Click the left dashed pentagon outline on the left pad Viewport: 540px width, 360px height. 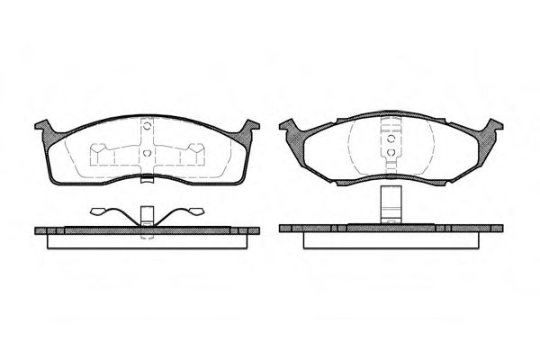click(x=104, y=157)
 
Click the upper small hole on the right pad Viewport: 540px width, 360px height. click(x=391, y=137)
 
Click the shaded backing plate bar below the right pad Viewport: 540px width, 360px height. click(x=391, y=229)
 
